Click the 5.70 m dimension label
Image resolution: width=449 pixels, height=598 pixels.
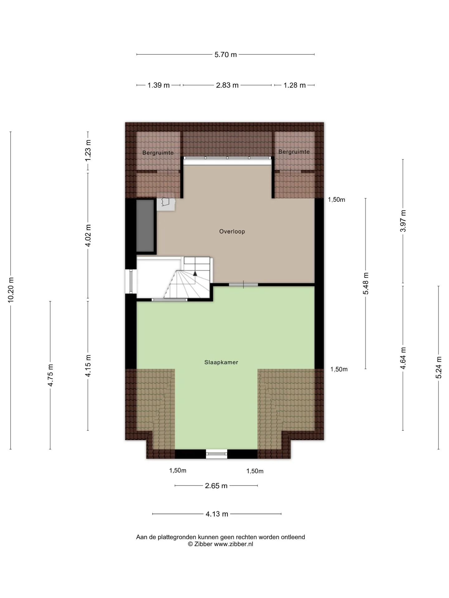coord(225,55)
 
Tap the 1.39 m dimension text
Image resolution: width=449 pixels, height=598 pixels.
coord(158,85)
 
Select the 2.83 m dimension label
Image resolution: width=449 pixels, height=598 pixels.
coord(227,85)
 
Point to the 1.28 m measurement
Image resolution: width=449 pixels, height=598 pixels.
coord(294,85)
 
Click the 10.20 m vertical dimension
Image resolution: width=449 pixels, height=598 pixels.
coord(11,289)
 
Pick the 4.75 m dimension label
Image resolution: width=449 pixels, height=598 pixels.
coord(50,375)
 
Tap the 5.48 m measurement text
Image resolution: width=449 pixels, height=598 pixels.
coord(365,283)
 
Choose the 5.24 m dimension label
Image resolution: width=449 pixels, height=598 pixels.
coord(438,368)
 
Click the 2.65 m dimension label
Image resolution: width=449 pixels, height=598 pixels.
coord(216,486)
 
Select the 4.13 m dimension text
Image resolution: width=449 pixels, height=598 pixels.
coord(217,514)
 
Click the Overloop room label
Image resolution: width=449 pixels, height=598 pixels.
coord(232,231)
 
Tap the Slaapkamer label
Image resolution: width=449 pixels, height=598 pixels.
coord(221,362)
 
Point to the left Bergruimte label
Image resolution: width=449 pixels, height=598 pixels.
coord(158,153)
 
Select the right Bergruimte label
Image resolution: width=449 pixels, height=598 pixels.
coord(294,152)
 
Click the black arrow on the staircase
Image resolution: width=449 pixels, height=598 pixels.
coord(195,273)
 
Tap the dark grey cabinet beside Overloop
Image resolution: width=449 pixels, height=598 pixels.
coord(145,225)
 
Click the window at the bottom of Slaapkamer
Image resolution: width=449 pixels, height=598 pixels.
coord(217,454)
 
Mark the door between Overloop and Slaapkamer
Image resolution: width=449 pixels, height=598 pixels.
coord(244,284)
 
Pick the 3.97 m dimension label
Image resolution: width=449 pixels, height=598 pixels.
coord(403,221)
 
